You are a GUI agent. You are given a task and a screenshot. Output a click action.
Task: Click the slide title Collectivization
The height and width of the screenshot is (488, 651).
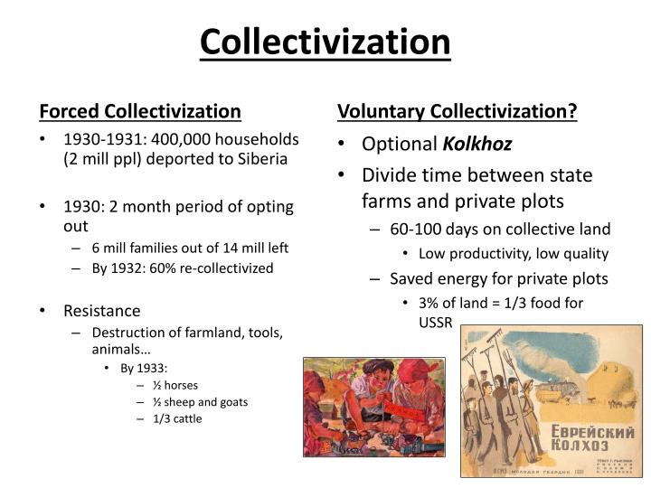[x=325, y=42]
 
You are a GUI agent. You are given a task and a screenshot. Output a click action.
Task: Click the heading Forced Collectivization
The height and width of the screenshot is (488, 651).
[x=140, y=111]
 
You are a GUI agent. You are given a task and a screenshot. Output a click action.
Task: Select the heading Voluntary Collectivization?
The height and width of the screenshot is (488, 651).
[x=457, y=111]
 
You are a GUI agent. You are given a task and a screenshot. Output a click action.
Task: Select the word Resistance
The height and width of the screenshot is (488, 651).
[x=102, y=310]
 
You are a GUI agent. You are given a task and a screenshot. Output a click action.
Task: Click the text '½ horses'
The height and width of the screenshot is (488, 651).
[x=175, y=384]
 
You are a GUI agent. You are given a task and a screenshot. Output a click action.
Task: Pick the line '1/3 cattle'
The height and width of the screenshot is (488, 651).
[x=177, y=418]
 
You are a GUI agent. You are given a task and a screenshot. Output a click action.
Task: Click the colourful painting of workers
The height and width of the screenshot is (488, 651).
[x=374, y=406]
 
